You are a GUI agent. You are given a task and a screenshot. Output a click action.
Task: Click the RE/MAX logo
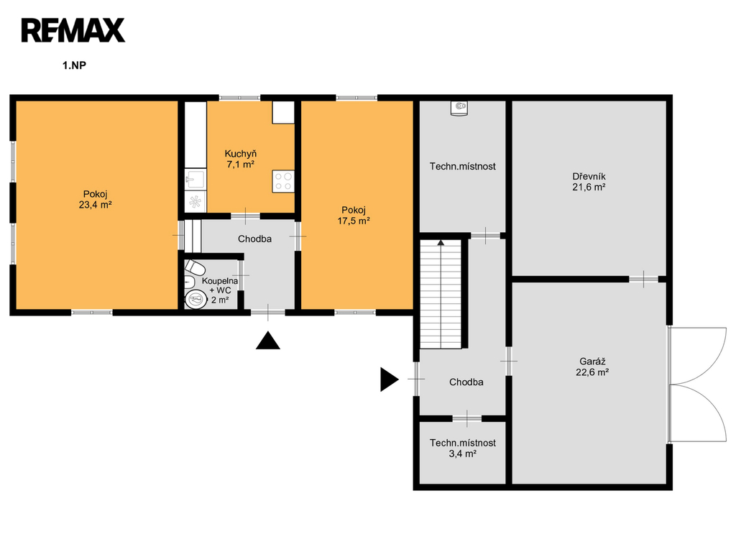click(73, 30)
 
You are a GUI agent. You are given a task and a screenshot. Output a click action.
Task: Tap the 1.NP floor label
click(74, 65)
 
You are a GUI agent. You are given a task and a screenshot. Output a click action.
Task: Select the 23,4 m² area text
click(96, 205)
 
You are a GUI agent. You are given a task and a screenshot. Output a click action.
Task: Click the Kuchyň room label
click(240, 154)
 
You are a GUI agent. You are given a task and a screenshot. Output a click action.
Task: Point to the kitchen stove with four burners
click(283, 181)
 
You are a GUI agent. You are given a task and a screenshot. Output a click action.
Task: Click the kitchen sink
click(195, 179)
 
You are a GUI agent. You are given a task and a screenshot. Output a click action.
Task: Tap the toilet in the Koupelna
click(195, 267)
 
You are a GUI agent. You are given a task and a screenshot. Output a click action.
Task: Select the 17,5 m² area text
click(354, 221)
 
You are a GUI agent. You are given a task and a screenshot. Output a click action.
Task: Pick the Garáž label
click(592, 362)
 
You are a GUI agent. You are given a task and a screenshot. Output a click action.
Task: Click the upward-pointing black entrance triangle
click(268, 340)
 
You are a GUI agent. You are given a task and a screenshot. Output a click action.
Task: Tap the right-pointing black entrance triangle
click(389, 379)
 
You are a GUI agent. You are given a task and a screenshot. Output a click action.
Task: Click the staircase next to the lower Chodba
click(441, 294)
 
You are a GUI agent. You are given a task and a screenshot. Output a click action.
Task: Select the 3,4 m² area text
click(463, 454)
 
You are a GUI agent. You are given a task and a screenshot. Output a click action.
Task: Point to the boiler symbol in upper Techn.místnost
click(459, 108)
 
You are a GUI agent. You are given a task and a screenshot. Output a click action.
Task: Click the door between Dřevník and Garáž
click(643, 279)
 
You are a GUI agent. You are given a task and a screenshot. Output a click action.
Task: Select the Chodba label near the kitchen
click(254, 239)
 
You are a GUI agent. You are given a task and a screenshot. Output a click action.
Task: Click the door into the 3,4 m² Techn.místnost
click(467, 418)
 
